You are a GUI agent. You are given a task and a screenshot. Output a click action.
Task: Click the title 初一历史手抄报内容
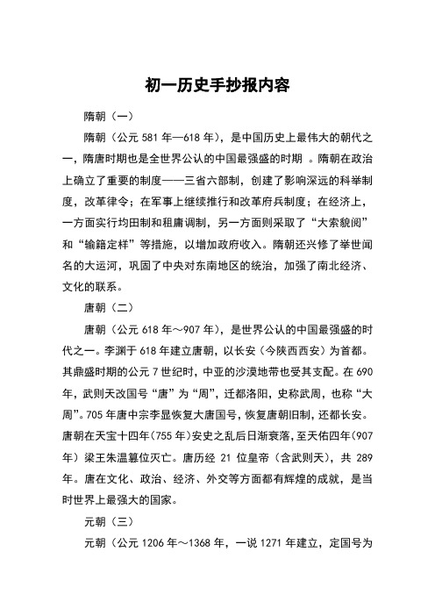(217, 87)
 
